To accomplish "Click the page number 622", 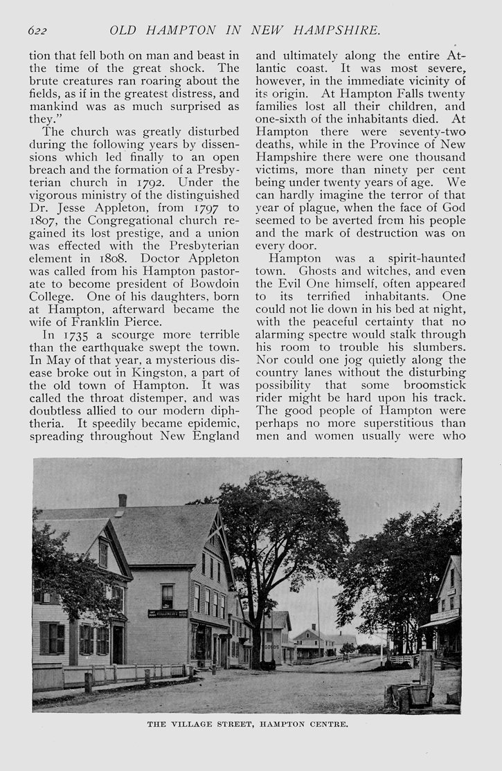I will point(37,30).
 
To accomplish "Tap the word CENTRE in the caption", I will point(328,725).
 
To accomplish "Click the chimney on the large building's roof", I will point(123,500).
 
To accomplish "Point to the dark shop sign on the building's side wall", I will point(168,613).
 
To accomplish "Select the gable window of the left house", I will point(103,554).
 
